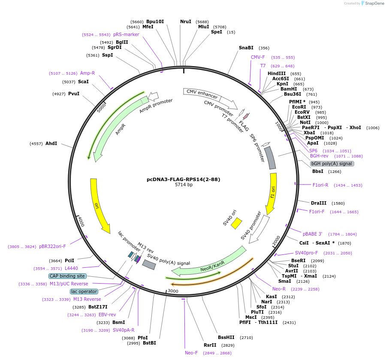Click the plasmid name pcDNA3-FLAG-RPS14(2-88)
[x=184, y=179]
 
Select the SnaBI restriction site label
[x=246, y=48]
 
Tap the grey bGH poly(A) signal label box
[x=332, y=163]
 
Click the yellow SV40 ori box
[x=236, y=223]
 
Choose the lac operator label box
[x=84, y=291]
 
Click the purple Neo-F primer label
[x=191, y=353]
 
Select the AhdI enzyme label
[x=51, y=143]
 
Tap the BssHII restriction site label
[x=226, y=337]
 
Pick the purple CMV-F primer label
[x=258, y=57]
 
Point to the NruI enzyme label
[x=186, y=21]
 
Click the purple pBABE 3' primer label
[x=313, y=234]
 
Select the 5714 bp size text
[x=184, y=185]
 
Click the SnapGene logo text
[x=374, y=3]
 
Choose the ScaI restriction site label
[x=83, y=82]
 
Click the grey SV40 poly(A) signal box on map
[x=149, y=265]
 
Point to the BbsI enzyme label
[x=318, y=172]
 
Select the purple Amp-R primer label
[x=87, y=73]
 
